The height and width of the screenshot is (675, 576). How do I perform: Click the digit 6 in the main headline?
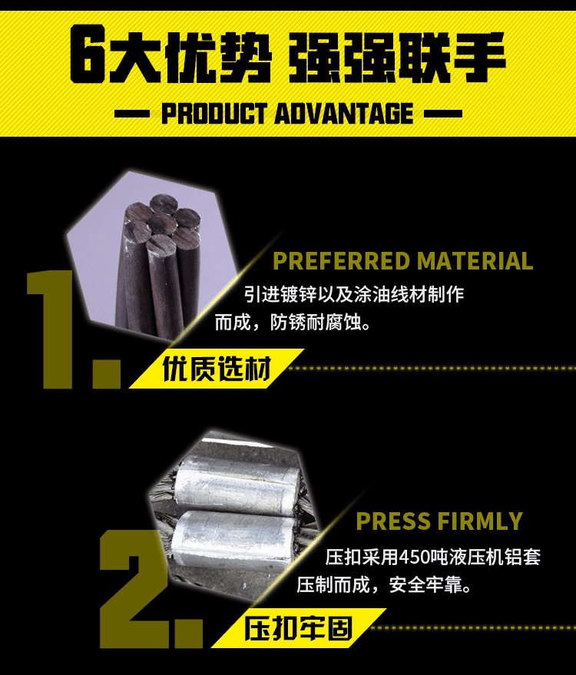(x=87, y=54)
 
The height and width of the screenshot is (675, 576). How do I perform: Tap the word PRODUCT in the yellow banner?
(x=214, y=114)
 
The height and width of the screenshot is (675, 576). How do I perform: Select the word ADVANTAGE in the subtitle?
(x=343, y=114)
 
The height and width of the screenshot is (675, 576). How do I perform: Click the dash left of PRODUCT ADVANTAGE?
(x=132, y=114)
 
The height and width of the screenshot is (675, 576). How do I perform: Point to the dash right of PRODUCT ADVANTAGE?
(x=443, y=114)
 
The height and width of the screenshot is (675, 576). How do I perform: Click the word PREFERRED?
(x=342, y=261)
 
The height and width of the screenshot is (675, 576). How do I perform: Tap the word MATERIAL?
(x=475, y=261)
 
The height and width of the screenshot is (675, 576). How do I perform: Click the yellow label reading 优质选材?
(x=217, y=369)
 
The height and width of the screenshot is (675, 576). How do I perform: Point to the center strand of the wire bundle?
(x=161, y=223)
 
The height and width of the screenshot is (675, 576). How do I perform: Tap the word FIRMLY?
(x=478, y=521)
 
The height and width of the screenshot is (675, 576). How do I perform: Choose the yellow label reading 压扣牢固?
(x=299, y=628)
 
